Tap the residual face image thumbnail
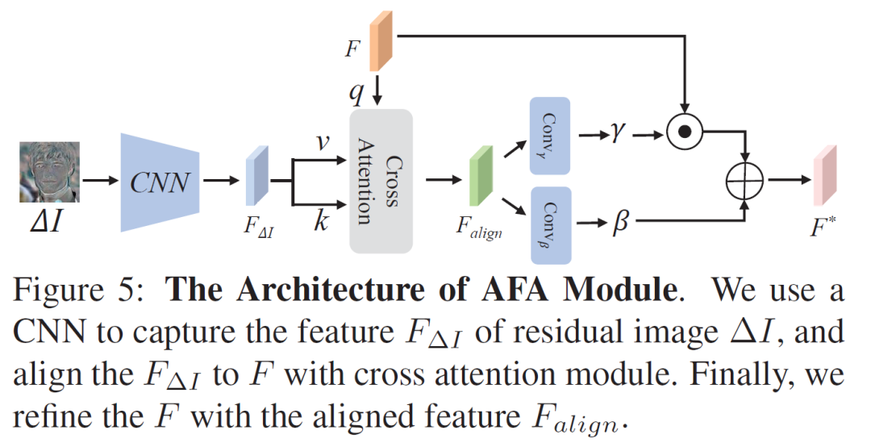coord(49,172)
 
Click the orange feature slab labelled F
coord(380,42)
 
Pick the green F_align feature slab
coord(481,181)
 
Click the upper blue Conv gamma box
coord(550,136)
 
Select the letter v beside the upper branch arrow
coord(320,142)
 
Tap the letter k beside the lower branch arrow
coord(321,220)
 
